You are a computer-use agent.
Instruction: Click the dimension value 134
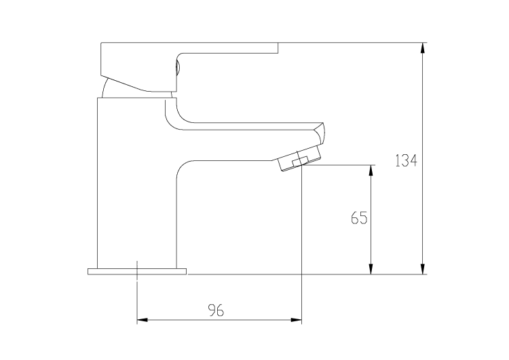[x=406, y=161]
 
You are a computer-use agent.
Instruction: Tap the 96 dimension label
[x=216, y=310]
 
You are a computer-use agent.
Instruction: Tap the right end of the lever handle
[x=277, y=48]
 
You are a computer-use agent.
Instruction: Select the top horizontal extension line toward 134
[x=353, y=43]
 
